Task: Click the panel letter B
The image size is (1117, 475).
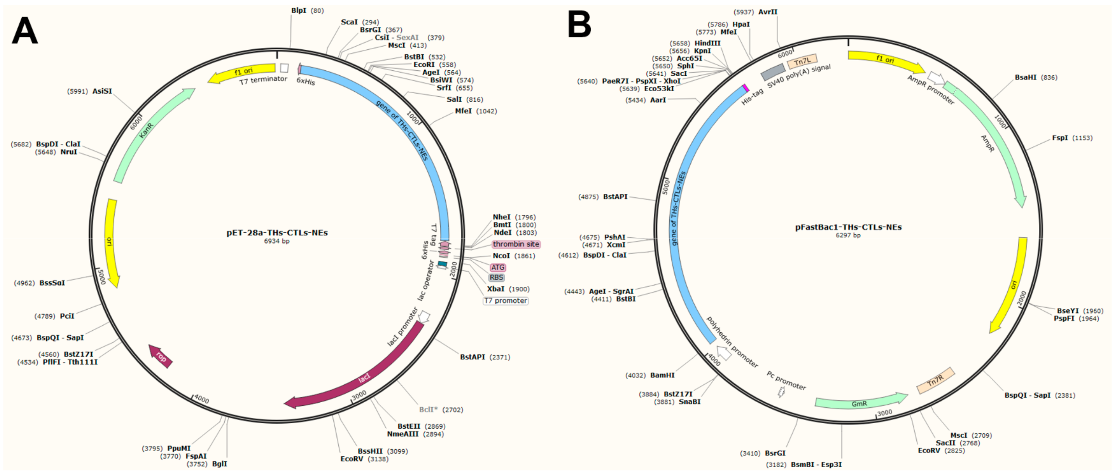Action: [579, 24]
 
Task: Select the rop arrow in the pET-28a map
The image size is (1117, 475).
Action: [160, 356]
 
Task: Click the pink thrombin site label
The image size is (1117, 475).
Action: [516, 244]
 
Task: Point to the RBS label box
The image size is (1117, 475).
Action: [496, 277]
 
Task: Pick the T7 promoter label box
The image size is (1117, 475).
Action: [506, 300]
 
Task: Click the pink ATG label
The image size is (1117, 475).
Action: [498, 267]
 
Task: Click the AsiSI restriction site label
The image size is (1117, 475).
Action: [102, 91]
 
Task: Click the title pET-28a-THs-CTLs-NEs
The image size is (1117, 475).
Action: [277, 233]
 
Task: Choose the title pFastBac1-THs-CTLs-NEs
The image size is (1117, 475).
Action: [848, 227]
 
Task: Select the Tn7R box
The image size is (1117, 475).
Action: [935, 381]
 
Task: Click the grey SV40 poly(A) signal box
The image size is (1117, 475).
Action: [773, 72]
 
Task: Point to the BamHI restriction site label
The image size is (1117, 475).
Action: [662, 375]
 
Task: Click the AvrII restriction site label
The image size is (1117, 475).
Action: [767, 12]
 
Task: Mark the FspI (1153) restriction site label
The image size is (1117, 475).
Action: [1060, 138]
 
